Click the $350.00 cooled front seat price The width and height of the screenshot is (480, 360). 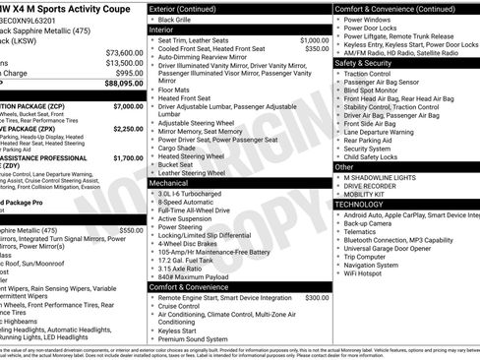[317, 48]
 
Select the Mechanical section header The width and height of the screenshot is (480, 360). [168, 183]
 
